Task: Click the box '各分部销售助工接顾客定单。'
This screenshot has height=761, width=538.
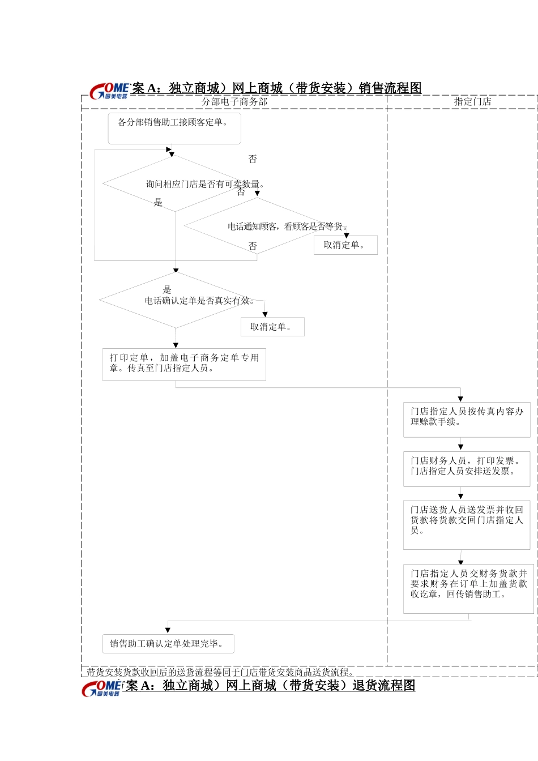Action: (x=174, y=128)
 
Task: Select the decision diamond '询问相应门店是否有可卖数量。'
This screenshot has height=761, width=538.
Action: (x=176, y=183)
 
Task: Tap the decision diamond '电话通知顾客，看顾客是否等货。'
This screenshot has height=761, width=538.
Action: (x=258, y=226)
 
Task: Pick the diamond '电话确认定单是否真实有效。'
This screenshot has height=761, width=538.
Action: (x=176, y=300)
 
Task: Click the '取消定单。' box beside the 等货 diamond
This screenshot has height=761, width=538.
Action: (x=345, y=245)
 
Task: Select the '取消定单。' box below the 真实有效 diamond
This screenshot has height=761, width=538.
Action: (x=272, y=327)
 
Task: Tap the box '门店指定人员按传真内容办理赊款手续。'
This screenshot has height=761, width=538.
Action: (x=467, y=420)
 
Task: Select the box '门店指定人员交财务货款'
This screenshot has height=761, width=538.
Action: (x=468, y=588)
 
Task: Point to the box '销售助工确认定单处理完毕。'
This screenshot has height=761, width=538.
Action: (x=168, y=644)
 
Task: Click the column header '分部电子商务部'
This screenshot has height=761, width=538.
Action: (x=234, y=102)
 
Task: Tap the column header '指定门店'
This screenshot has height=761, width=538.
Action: (x=472, y=102)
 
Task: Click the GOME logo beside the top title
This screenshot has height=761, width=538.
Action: (x=109, y=91)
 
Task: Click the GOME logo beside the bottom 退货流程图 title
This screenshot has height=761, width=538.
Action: (x=102, y=689)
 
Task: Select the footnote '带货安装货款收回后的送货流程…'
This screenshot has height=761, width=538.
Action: (x=221, y=673)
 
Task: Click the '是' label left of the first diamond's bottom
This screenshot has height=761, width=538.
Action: (x=159, y=202)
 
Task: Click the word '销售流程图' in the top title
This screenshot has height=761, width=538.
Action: (x=390, y=88)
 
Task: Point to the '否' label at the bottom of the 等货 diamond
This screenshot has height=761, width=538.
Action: (x=253, y=246)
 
